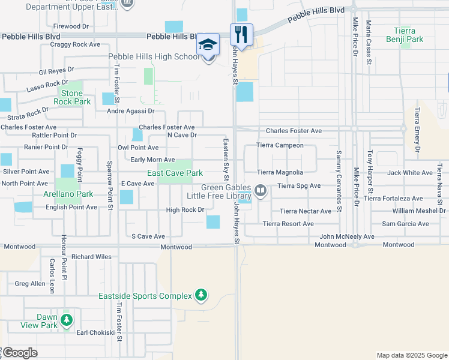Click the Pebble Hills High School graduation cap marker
pyautogui.click(x=208, y=45)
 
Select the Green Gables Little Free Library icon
pyautogui.click(x=261, y=191)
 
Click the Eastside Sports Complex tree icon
pyautogui.click(x=202, y=295)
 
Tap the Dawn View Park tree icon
pyautogui.click(x=67, y=319)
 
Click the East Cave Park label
pyautogui.click(x=175, y=173)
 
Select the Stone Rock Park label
pyautogui.click(x=71, y=97)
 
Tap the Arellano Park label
pyautogui.click(x=68, y=194)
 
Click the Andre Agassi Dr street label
pyautogui.click(x=130, y=111)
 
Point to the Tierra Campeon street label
pyautogui.click(x=280, y=145)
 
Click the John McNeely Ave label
pyautogui.click(x=346, y=237)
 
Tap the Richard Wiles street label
pyautogui.click(x=91, y=257)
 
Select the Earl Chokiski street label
pyautogui.click(x=95, y=332)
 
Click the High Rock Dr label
pyautogui.click(x=185, y=210)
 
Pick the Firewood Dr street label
pyautogui.click(x=71, y=26)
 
